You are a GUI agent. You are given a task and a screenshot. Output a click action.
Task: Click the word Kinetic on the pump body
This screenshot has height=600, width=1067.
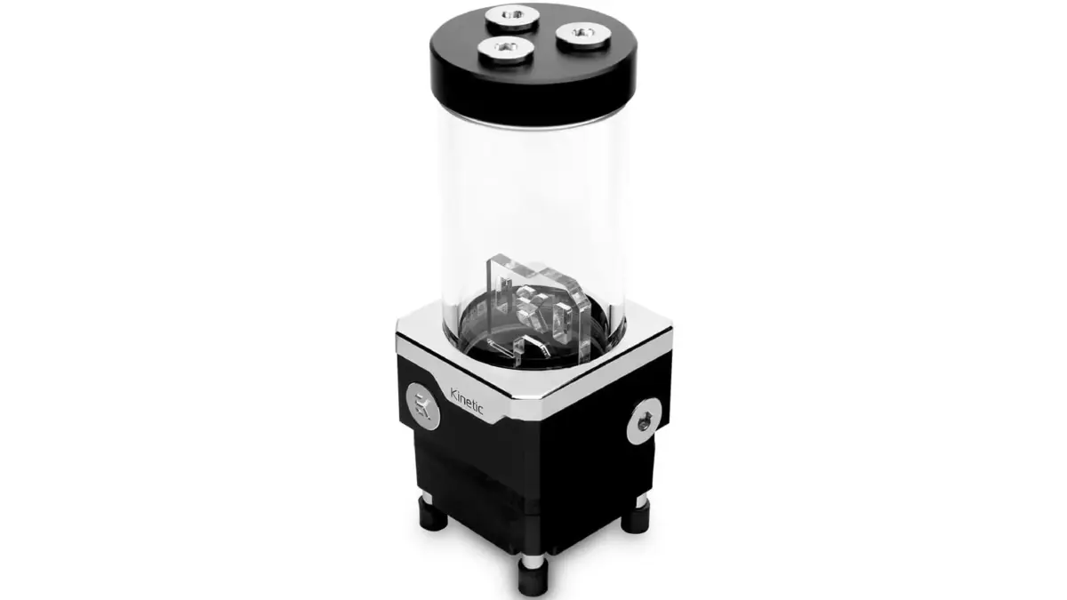[x=467, y=401]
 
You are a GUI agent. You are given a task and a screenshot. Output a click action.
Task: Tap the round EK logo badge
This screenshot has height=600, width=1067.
[x=422, y=406]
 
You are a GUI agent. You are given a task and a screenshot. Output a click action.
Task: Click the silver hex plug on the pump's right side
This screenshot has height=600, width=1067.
[x=644, y=421]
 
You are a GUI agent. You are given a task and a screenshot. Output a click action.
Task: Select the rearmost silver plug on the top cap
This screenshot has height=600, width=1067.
[x=512, y=18]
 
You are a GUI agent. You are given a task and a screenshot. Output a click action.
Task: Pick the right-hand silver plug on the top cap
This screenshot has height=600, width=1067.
[x=583, y=36]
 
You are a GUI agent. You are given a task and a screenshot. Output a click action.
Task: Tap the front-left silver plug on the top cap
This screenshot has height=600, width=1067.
[x=505, y=50]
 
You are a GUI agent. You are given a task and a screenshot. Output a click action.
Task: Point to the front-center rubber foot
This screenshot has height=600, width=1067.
[x=533, y=578]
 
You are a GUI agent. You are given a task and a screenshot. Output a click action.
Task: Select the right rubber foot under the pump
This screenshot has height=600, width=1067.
[x=635, y=518]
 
